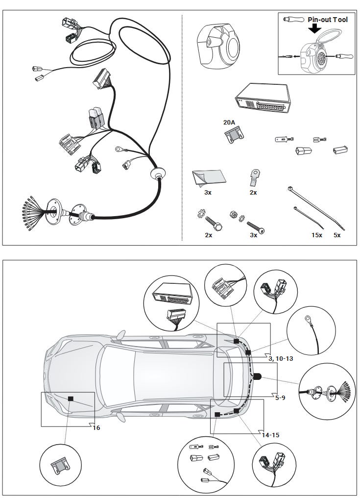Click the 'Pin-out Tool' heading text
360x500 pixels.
point(328,20)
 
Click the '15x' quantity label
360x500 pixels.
point(317,235)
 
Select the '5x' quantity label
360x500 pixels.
point(337,235)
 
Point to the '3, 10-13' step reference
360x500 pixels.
point(281,359)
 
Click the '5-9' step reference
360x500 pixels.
point(280,398)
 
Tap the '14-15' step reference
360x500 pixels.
point(271,435)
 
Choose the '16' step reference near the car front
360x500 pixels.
point(96,427)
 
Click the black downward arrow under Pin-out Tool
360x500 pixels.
point(315,29)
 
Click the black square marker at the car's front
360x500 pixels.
point(71,399)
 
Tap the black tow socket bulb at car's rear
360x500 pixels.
point(258,376)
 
